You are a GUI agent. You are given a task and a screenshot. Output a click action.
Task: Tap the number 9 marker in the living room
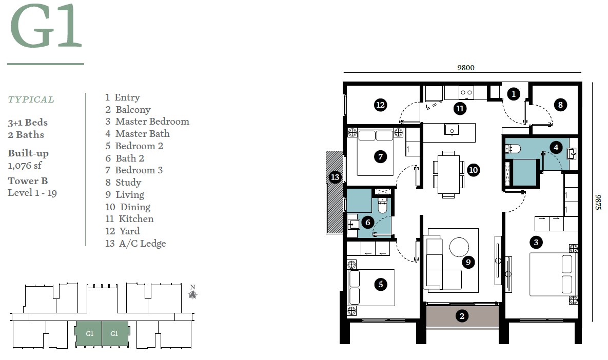(468, 263)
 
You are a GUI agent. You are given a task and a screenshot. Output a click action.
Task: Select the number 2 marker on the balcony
(462, 316)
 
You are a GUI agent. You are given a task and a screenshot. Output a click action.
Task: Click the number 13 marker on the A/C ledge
(335, 177)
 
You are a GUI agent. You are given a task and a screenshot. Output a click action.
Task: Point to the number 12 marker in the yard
(380, 105)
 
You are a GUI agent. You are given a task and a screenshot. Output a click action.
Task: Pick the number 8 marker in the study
(560, 105)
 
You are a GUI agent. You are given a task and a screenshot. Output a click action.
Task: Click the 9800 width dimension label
(466, 68)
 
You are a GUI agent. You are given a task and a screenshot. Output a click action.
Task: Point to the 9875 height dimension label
(598, 202)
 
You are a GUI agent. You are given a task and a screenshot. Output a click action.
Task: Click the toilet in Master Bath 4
(513, 149)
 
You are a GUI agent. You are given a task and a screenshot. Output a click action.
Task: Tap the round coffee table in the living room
(459, 247)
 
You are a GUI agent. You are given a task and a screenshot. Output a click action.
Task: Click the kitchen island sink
(452, 129)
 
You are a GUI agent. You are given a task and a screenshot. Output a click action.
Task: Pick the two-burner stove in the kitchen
(466, 93)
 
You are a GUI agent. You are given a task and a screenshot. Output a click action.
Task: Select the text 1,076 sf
(25, 166)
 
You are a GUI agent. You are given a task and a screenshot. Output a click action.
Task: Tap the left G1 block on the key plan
(89, 334)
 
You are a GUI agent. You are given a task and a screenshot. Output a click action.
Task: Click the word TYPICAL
(31, 99)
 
